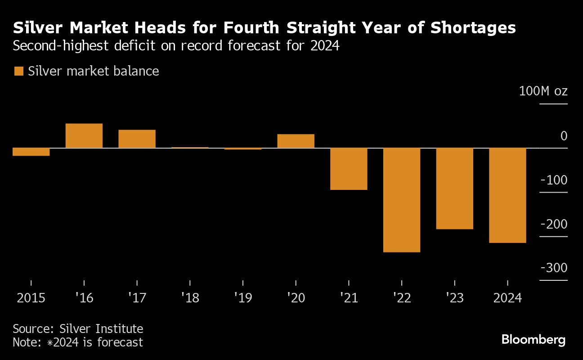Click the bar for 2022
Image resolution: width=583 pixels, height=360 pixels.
(401, 200)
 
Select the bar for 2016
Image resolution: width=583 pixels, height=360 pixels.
(84, 135)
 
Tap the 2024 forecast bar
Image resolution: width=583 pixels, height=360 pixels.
(507, 195)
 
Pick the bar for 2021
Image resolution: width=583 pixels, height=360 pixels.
(349, 169)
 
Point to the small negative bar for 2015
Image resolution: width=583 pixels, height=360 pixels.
(31, 152)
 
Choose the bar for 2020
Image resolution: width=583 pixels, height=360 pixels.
(296, 141)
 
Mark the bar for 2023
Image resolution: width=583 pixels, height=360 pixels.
(454, 189)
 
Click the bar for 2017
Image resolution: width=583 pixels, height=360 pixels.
(137, 139)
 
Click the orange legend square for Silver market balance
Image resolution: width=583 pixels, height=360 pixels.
(19, 71)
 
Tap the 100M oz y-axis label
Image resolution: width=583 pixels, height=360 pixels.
(543, 91)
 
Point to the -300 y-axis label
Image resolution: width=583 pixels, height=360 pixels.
(554, 268)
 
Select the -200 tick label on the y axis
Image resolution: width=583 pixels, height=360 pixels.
(554, 224)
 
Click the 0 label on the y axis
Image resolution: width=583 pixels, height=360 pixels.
(564, 136)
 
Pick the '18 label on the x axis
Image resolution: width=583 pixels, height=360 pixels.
(189, 298)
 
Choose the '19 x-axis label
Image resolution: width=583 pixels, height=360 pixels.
(242, 298)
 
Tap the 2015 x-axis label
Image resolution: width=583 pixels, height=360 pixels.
(31, 298)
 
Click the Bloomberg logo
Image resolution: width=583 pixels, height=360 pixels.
(533, 339)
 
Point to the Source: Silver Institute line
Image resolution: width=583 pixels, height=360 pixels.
(78, 328)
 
